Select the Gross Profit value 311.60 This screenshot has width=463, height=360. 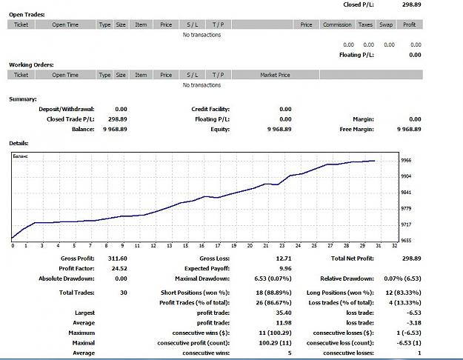118,259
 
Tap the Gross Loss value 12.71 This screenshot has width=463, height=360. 284,259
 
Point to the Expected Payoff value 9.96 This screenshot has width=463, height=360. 285,268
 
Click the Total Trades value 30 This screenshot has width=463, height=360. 124,293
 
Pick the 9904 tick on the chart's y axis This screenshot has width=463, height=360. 406,176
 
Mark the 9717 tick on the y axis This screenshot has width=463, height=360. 406,224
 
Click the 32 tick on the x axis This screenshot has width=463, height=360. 395,245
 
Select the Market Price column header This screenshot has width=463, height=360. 275,75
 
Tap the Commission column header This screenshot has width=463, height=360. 337,24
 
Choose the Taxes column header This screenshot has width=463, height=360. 365,24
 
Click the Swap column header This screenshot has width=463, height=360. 386,24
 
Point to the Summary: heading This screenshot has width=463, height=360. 23,99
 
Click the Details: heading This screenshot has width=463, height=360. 19,143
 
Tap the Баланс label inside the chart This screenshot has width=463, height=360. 20,156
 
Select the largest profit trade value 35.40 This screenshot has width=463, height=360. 284,313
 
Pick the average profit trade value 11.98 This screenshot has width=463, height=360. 284,323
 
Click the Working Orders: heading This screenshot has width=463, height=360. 31,65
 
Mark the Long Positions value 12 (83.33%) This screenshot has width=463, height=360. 403,293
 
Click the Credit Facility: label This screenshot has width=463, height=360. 210,110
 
